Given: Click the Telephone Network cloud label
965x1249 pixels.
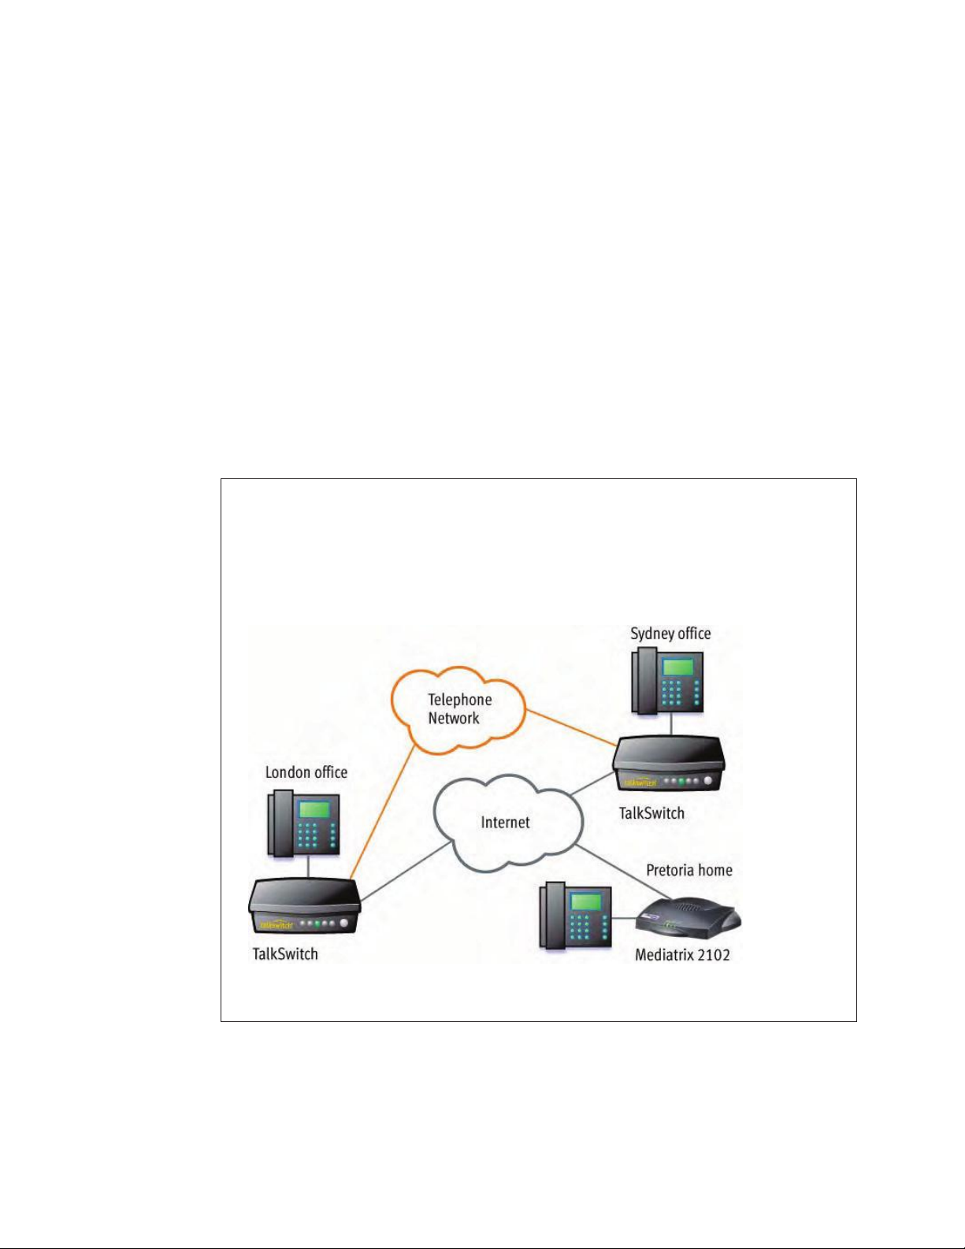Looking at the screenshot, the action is [x=459, y=708].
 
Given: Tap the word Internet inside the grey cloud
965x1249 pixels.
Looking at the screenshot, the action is [x=505, y=823].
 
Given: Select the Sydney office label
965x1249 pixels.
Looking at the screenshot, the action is [x=670, y=634].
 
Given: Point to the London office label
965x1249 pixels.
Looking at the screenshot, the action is [x=306, y=772].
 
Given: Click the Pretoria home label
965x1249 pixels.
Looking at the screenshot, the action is [x=689, y=870].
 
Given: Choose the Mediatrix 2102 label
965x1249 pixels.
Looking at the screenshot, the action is [x=682, y=955].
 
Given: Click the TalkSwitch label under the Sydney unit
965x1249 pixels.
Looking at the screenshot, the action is [x=651, y=813].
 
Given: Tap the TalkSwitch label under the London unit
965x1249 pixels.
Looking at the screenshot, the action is [x=285, y=954].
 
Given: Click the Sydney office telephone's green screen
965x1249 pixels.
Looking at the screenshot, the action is [x=677, y=667].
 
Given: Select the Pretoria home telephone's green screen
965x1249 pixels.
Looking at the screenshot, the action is [x=585, y=901].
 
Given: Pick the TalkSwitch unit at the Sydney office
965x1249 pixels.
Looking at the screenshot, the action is [x=668, y=763].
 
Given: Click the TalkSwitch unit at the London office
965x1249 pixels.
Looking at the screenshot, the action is [x=304, y=906].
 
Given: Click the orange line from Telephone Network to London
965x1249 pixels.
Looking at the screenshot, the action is [x=383, y=812].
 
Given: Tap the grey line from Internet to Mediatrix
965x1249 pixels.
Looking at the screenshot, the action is [x=623, y=872].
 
